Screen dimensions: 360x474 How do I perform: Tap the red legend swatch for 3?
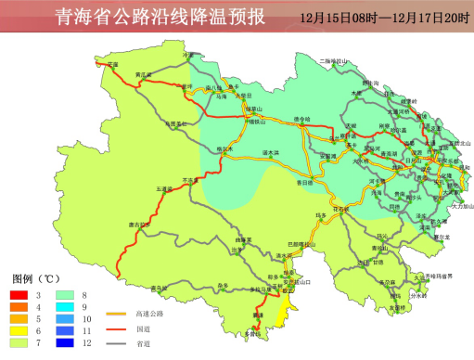tap(19, 294)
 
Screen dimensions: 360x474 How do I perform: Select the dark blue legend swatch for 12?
tap(64, 341)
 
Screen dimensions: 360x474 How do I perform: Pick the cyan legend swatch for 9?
tap(64, 306)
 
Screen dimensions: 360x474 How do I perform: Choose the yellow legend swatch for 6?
tap(19, 329)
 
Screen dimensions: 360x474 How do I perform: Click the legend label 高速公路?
tap(148, 315)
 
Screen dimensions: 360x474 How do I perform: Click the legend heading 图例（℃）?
tap(36, 278)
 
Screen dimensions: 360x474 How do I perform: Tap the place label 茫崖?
tap(113, 64)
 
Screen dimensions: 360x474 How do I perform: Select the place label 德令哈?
tap(301, 118)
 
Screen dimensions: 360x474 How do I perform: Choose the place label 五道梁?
tap(164, 188)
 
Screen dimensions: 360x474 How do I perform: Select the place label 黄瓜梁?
tap(142, 73)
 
